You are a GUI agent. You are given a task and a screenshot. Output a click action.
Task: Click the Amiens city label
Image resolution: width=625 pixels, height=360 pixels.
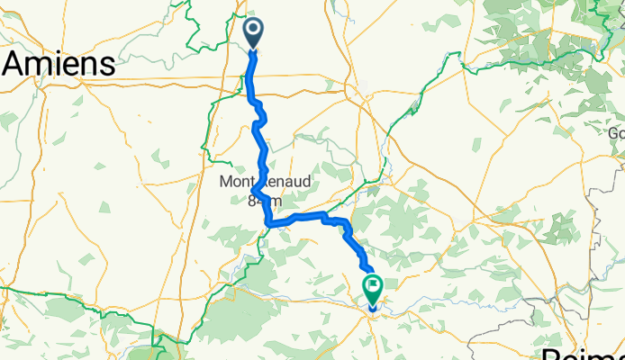point(59,64)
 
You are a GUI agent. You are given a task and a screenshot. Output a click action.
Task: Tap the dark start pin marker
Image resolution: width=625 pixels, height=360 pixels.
point(253,34)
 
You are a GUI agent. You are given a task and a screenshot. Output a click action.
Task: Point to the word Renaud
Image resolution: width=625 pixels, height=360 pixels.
point(287,182)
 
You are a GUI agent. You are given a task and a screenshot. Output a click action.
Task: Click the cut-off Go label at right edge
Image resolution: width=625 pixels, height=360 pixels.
point(616,133)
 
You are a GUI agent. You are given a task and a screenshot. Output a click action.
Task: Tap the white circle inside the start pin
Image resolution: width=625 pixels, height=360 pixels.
point(253,31)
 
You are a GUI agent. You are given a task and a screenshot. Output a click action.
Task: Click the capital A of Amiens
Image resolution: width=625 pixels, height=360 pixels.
point(15,64)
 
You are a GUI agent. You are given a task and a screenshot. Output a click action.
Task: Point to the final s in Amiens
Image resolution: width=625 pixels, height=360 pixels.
point(108,66)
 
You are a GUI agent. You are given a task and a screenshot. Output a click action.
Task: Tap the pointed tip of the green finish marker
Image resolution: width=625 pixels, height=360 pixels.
point(373,306)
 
